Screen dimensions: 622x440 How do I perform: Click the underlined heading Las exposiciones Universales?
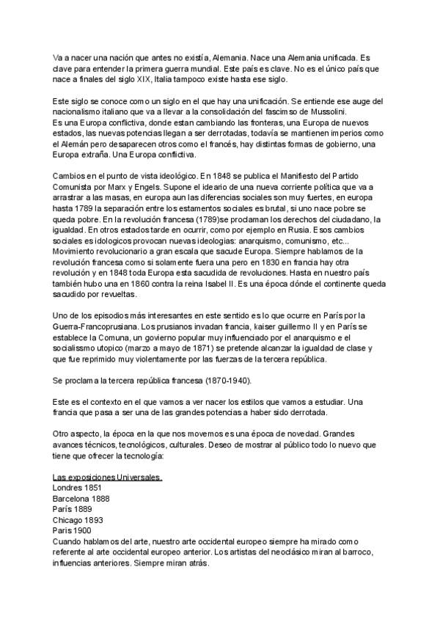108,476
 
